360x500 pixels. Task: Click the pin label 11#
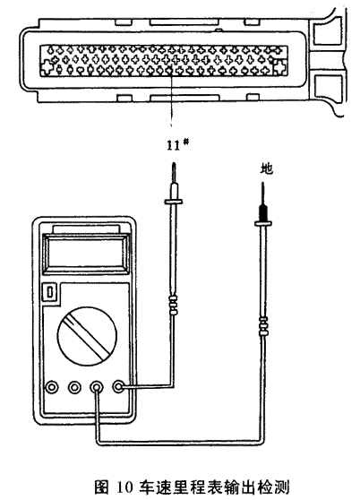pos(177,145)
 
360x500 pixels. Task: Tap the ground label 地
pos(266,168)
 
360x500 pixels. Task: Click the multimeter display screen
pos(85,254)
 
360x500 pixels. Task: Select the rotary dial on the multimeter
pos(87,336)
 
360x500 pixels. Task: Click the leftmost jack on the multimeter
pos(52,387)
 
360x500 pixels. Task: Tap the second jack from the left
pos(74,387)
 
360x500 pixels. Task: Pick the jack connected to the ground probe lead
pos(96,387)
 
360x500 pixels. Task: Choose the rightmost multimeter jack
pos(118,387)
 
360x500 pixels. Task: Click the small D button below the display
pos(50,292)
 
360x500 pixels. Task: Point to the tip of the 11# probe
pos(174,163)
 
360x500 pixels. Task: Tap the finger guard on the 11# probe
pos(174,202)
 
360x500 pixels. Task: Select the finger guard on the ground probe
pos(263,223)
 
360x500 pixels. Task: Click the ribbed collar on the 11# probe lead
pos(173,306)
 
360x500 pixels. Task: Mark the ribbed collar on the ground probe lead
pos(263,326)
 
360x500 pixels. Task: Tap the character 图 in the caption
pos(102,487)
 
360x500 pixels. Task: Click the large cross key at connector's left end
pos(47,67)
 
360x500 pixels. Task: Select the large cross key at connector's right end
pos(279,67)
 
